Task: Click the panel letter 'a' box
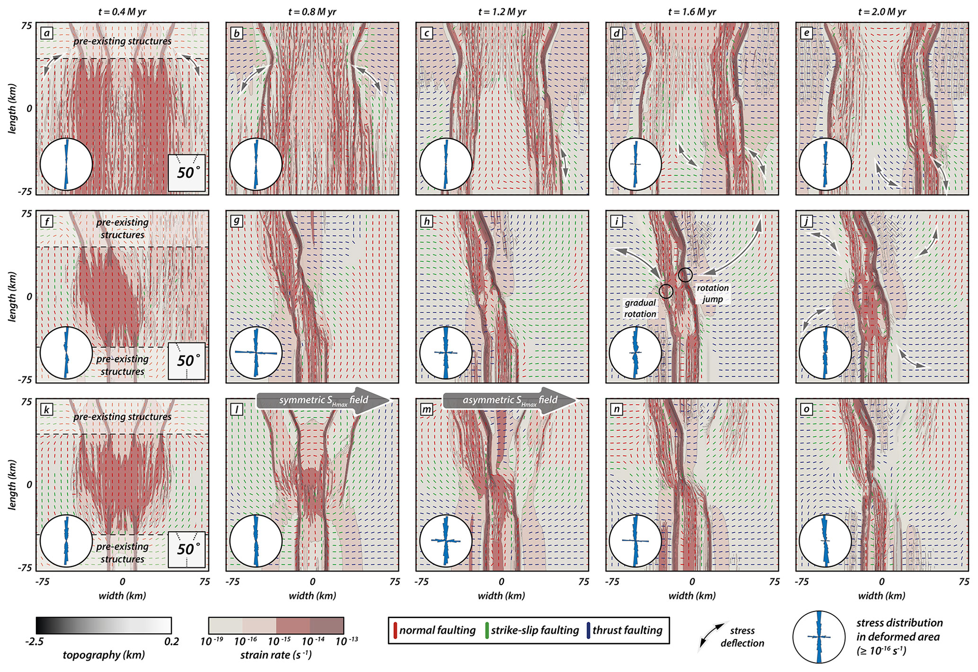click(47, 33)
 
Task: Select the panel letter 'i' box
click(617, 221)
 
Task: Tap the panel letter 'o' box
click(807, 409)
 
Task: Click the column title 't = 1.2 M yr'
click(502, 12)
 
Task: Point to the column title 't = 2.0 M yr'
click(882, 12)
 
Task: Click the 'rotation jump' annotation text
click(713, 293)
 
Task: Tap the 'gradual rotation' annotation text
click(640, 308)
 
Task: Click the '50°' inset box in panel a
click(187, 173)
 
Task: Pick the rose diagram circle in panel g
click(256, 353)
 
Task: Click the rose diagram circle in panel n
click(635, 540)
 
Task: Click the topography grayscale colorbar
click(104, 625)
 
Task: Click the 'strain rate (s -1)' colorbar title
click(276, 655)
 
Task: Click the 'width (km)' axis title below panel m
click(501, 595)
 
